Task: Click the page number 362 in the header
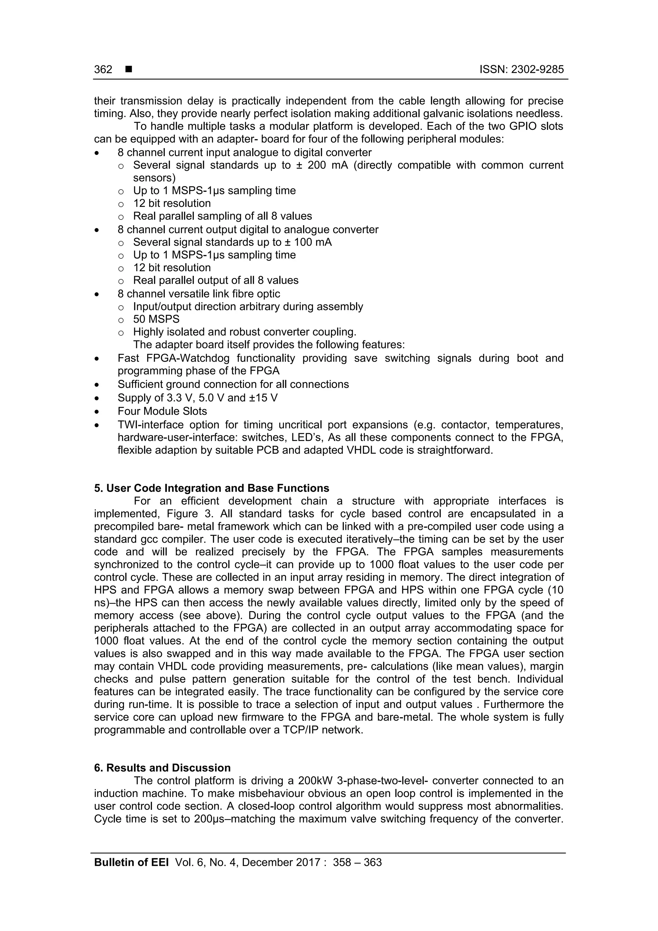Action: [103, 69]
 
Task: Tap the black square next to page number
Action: [129, 69]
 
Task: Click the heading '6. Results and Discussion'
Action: [162, 768]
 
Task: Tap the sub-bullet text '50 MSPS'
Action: [156, 319]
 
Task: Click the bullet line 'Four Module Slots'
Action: [162, 411]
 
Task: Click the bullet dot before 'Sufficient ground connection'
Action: [96, 385]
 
